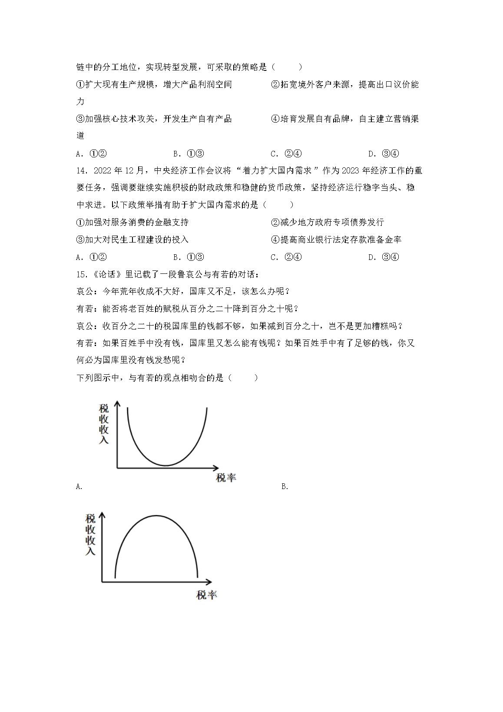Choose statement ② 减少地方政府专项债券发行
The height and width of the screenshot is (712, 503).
328,223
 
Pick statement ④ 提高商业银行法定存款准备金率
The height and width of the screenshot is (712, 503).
336,240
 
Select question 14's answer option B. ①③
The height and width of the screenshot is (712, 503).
189,257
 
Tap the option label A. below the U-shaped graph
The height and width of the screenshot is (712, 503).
79,487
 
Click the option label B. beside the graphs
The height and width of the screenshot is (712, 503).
285,487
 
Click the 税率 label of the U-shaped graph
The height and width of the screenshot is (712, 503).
226,478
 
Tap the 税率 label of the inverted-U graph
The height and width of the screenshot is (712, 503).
207,595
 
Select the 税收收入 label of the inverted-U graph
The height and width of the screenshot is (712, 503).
90,535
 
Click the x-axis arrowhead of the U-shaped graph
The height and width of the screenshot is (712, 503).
216,468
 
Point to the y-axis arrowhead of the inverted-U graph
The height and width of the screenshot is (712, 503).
103,516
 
